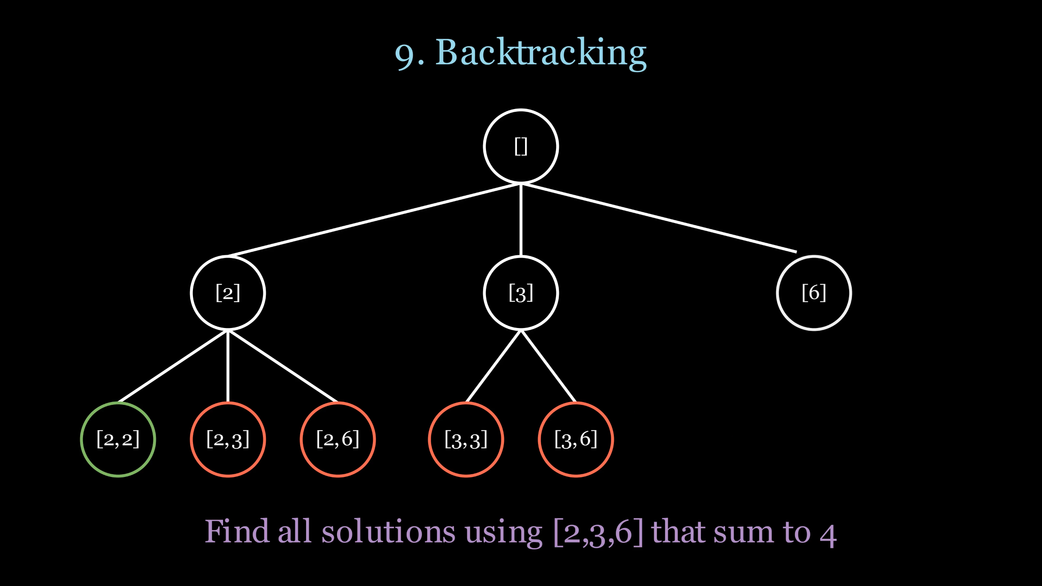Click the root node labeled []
point(521,146)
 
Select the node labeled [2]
point(228,293)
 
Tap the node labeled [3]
point(521,293)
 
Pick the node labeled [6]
point(814,293)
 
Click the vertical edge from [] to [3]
point(521,220)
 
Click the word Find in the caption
point(236,531)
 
